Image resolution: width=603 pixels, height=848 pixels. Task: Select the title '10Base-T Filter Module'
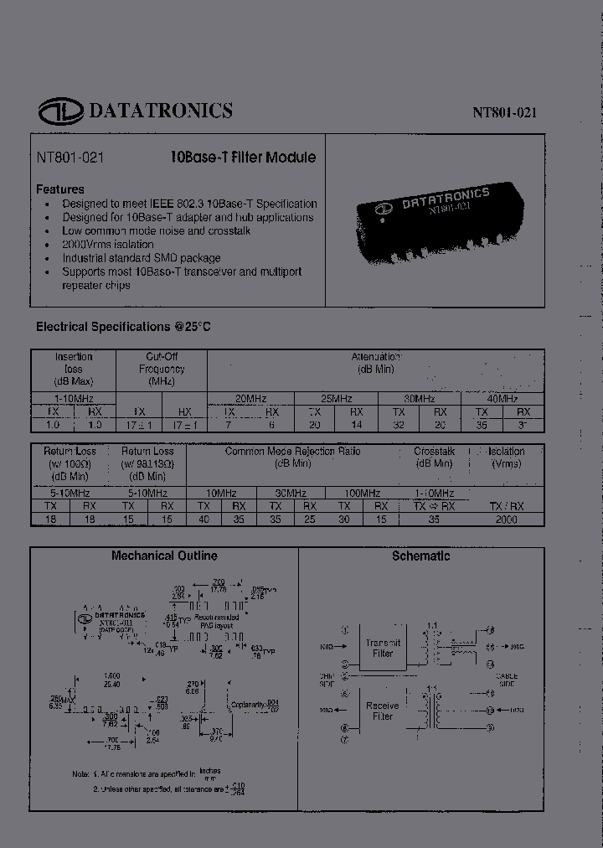click(243, 157)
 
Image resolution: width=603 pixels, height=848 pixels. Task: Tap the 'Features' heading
click(60, 189)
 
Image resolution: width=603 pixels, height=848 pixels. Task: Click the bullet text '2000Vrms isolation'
click(108, 244)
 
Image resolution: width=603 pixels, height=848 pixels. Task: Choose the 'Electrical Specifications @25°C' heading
click(122, 326)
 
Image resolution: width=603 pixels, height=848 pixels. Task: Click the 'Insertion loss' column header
click(74, 369)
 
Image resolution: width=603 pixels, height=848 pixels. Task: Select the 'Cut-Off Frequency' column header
click(162, 369)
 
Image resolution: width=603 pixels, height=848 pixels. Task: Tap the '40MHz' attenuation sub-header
click(502, 399)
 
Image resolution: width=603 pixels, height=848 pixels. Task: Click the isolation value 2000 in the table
click(507, 520)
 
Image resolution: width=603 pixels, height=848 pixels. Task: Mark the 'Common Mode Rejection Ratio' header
click(291, 457)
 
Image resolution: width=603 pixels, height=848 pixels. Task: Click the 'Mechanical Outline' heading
click(164, 556)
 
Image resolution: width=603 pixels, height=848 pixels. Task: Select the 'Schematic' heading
click(420, 556)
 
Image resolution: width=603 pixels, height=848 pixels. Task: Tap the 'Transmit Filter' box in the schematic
click(383, 648)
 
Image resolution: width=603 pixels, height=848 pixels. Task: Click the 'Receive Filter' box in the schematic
click(383, 711)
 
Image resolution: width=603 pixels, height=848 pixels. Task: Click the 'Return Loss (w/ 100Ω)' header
click(70, 463)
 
